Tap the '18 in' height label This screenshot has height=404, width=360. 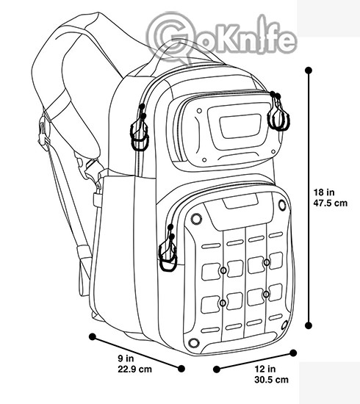click(324, 192)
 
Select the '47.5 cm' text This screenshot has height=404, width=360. click(331, 203)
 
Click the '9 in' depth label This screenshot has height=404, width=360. click(126, 358)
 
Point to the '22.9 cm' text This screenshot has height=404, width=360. click(134, 369)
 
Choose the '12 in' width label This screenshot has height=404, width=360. click(265, 369)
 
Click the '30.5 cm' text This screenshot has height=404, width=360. click(271, 380)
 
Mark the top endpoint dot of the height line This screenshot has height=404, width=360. click(309, 71)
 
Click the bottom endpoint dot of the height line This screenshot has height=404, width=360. click(309, 325)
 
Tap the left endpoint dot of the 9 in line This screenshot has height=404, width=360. click(93, 336)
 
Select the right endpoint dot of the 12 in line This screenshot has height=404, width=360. click(293, 353)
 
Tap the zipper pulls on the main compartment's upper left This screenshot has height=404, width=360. click(140, 128)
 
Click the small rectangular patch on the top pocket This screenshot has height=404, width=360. click(240, 126)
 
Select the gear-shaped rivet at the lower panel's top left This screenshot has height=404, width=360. click(196, 219)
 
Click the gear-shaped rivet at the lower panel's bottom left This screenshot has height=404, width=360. click(194, 343)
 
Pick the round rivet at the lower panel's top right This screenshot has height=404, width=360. click(282, 206)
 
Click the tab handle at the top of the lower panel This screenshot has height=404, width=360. click(240, 202)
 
